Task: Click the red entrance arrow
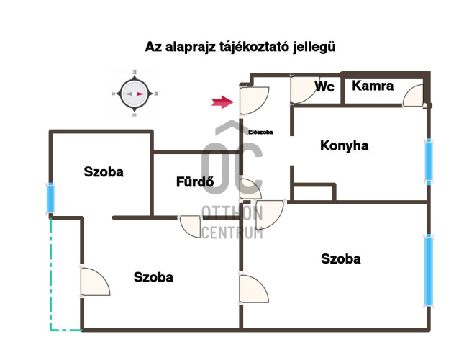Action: click(222, 102)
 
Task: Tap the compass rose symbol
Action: click(135, 94)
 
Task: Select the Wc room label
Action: click(324, 86)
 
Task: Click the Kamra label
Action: click(373, 86)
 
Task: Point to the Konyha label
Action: click(344, 146)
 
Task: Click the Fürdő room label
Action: click(195, 181)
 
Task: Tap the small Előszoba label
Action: click(260, 132)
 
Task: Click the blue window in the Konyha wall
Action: click(429, 161)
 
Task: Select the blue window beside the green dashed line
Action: click(51, 198)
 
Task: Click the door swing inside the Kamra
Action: click(413, 95)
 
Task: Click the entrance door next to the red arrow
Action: click(254, 100)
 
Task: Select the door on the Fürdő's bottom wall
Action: click(190, 227)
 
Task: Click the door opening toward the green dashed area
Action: click(95, 282)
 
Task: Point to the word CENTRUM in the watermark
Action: click(232, 233)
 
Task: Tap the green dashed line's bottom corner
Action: click(51, 330)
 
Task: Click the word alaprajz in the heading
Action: click(190, 48)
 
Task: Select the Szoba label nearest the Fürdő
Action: click(104, 172)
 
